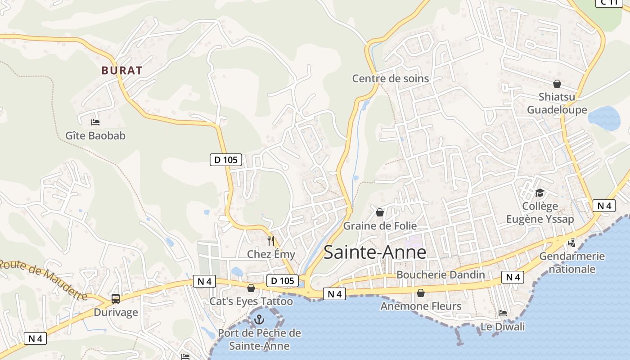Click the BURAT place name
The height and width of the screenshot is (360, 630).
121,71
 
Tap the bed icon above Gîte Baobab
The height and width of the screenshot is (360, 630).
95,122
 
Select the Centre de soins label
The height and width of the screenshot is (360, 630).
390,79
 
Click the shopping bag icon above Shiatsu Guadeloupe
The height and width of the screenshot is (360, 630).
557,84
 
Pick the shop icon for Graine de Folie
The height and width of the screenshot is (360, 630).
380,212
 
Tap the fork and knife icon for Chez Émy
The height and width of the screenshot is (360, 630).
270,241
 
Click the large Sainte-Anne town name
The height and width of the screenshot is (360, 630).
375,252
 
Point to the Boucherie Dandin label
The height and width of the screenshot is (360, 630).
441,274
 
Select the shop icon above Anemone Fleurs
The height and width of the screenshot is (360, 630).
421,293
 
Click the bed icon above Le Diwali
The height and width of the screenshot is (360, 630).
503,313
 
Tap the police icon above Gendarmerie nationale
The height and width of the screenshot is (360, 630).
572,243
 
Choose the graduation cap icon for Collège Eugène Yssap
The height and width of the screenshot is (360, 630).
539,193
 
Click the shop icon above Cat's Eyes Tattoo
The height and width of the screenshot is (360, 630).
251,288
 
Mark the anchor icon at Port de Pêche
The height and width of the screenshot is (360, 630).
259,319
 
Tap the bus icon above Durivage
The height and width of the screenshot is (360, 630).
116,299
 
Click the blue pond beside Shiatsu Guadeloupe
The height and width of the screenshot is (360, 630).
604,118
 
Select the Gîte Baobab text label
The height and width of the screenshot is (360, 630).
95,135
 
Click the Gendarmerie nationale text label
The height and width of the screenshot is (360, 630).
572,263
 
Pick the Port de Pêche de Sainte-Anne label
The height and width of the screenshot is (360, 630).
259,340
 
